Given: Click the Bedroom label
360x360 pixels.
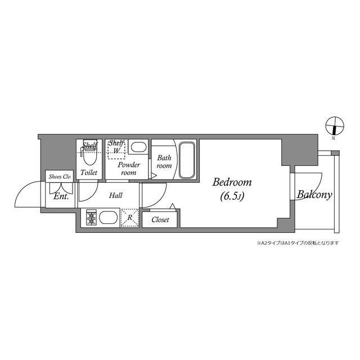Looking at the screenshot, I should point(232,183).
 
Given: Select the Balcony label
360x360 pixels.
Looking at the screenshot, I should point(314,195).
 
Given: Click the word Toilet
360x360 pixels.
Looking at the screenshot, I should point(89,173).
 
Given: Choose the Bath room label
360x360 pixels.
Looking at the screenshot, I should point(164,162).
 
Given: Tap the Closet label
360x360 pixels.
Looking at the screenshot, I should point(160,220).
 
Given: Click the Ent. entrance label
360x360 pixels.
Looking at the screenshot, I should point(61,197).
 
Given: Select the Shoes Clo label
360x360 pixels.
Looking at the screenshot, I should point(60,177).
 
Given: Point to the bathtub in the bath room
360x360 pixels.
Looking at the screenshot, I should point(187,161).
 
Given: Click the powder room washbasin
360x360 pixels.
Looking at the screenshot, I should point(139,147).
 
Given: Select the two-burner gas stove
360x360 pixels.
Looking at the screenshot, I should point(92,218).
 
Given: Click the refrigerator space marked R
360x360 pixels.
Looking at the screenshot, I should point(129,217).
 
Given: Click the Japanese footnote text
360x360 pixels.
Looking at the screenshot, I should point(298,243).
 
